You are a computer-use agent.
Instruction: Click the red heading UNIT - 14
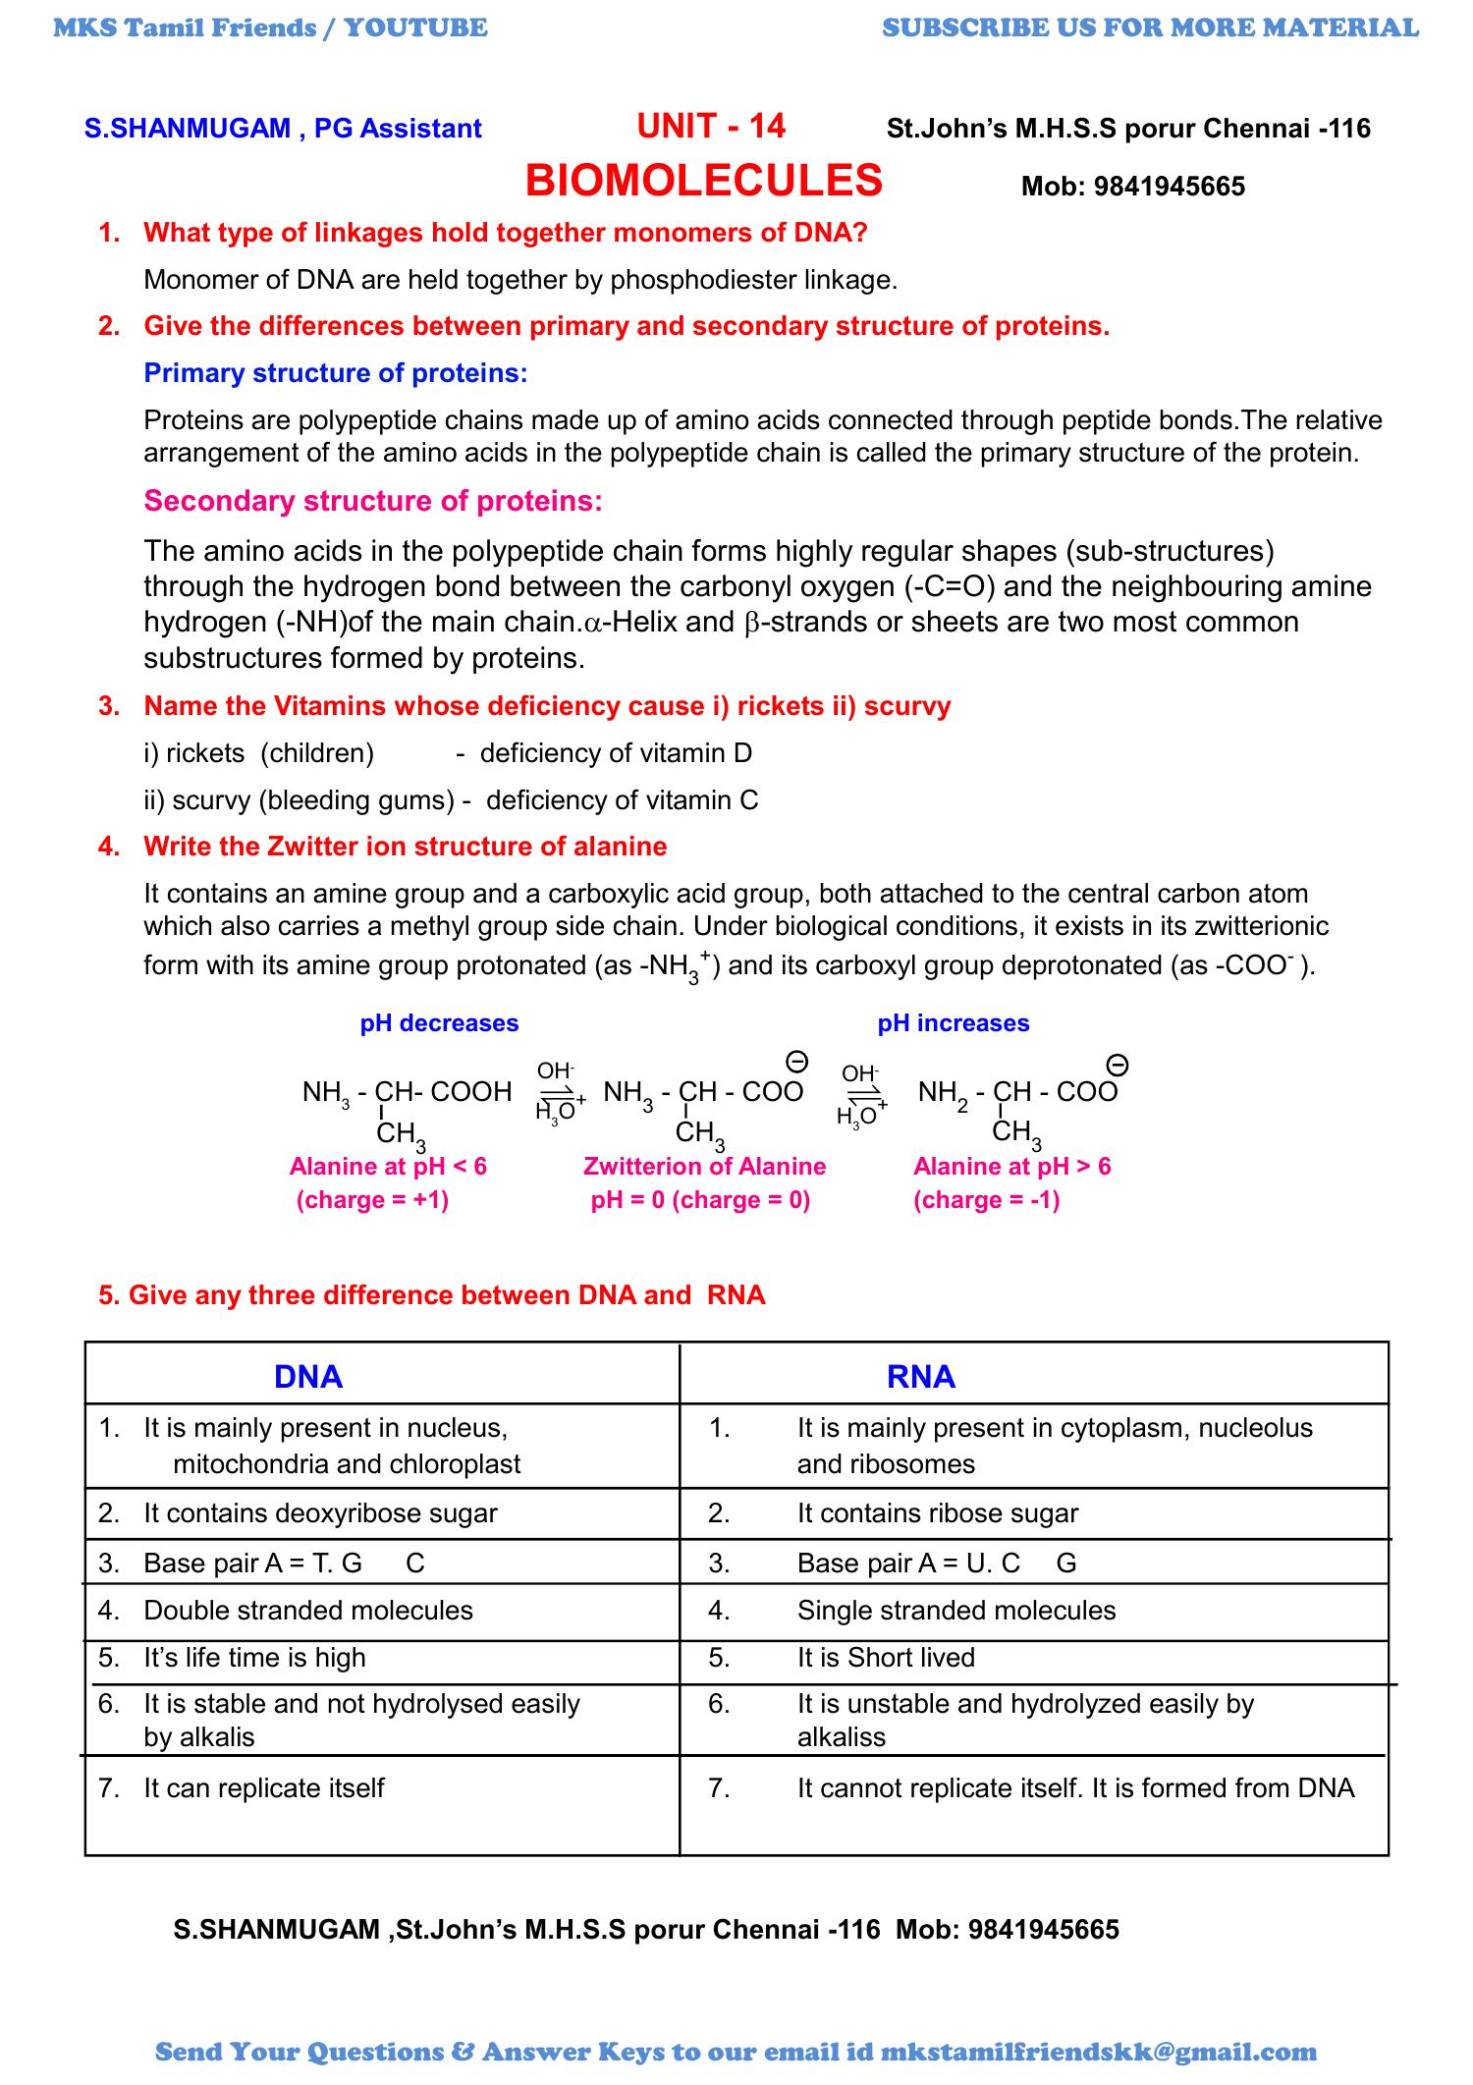[711, 126]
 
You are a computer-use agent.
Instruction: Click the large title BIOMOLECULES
[704, 181]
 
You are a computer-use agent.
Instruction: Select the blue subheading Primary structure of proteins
[335, 373]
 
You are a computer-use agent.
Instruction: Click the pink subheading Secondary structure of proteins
[373, 501]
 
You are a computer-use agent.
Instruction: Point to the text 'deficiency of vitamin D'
[616, 753]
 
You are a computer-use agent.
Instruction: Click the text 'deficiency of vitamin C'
[622, 800]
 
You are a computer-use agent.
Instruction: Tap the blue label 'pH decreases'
[439, 1023]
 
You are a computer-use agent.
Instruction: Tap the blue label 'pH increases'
[953, 1023]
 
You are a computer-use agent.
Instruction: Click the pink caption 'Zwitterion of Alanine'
[704, 1167]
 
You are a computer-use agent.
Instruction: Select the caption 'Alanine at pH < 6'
[388, 1167]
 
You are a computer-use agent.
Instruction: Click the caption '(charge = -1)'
[986, 1200]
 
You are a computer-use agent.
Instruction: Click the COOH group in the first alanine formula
[470, 1092]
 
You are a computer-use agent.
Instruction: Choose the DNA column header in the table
[308, 1377]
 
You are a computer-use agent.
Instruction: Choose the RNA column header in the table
[920, 1377]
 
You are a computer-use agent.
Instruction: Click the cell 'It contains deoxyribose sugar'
[320, 1513]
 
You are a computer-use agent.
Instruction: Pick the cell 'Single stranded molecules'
[955, 1611]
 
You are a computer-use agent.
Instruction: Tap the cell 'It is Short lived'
[885, 1658]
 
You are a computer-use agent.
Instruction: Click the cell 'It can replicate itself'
[263, 1788]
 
